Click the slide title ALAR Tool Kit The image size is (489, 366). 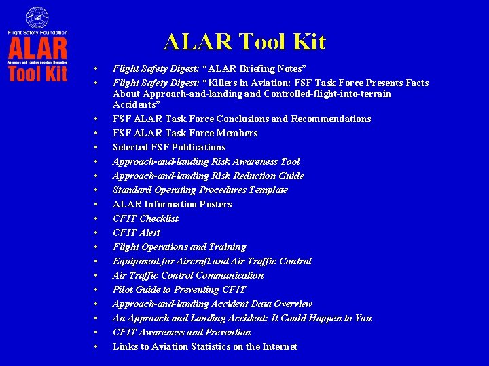(244, 43)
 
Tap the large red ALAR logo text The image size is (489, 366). (38, 48)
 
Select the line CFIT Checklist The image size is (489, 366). (145, 218)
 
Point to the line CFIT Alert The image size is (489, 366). (137, 232)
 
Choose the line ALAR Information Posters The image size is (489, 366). (172, 204)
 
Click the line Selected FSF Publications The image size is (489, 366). (169, 147)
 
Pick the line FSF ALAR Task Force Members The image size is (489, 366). (185, 133)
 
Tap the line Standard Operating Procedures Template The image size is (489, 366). (200, 190)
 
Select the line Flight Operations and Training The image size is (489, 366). (179, 247)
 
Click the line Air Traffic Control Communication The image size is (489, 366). (187, 275)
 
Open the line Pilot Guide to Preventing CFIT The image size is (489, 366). (179, 289)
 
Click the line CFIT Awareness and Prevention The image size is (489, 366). (181, 332)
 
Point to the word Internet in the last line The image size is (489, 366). (279, 346)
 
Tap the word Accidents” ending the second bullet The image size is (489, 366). (136, 104)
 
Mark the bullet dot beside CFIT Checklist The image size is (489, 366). (96, 219)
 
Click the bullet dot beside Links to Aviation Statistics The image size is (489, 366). (96, 347)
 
